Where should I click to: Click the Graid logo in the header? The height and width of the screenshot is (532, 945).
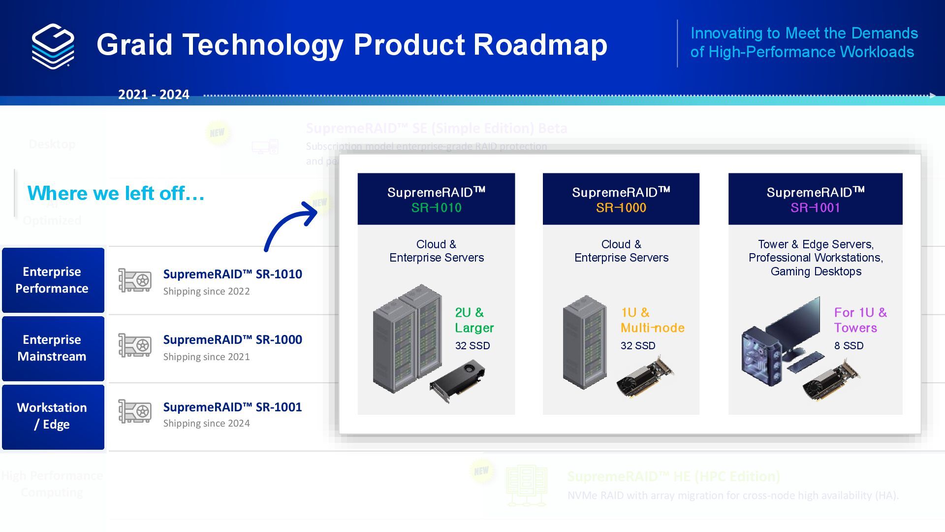coord(53,46)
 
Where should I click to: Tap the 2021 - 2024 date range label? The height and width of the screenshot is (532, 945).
coord(154,95)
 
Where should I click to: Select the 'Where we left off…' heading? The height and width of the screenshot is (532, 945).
coord(116,193)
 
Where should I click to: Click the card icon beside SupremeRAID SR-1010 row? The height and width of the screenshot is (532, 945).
coord(135,280)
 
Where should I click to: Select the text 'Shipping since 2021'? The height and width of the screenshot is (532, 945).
coord(207,357)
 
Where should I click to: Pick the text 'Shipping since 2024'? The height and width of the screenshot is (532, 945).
coord(207,423)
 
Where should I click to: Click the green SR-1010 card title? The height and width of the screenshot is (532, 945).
coord(437,208)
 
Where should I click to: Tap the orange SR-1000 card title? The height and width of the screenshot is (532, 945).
coord(621,208)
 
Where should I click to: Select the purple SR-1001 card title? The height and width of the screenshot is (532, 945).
coord(815,208)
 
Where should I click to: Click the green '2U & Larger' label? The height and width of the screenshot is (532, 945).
coord(474,320)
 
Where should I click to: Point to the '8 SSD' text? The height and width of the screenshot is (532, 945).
coord(849,346)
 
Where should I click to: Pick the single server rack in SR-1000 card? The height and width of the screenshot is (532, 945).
coord(585,342)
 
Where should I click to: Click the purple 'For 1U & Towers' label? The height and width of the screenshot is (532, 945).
coord(860,320)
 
